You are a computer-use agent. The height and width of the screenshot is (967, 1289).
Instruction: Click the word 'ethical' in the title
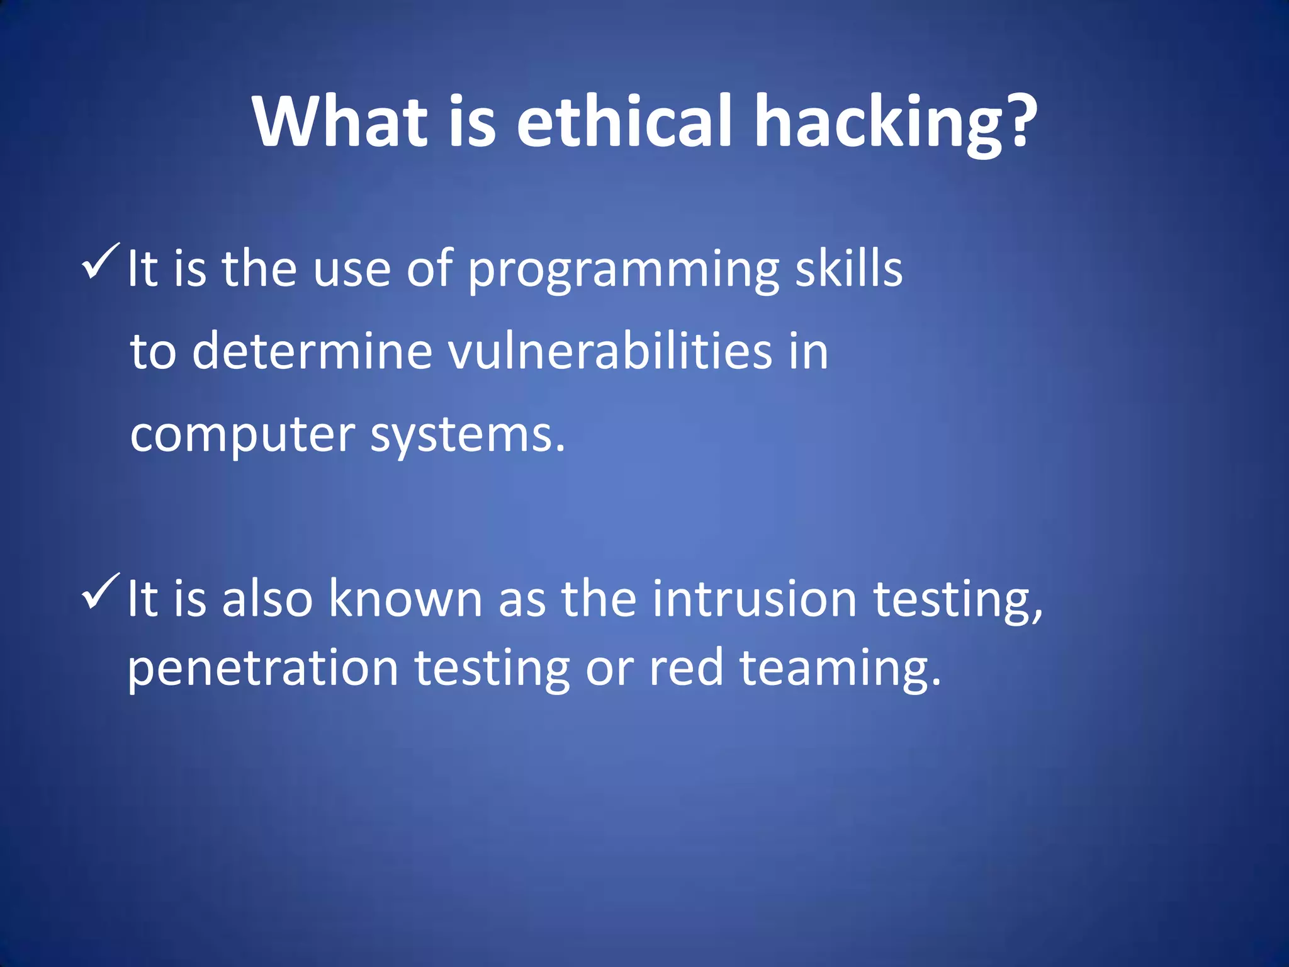[624, 121]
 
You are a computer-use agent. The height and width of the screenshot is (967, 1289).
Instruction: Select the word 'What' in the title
[341, 121]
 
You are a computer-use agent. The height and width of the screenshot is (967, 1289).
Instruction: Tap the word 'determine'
[312, 351]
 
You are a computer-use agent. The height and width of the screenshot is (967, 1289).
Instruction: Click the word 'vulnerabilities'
[609, 351]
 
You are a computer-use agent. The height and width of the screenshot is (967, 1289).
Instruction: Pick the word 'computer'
[242, 436]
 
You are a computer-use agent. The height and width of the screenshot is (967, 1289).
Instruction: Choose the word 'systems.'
[468, 436]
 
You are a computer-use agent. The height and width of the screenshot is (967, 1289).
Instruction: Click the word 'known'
[405, 599]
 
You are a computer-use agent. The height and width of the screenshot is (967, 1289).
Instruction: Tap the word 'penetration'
[263, 669]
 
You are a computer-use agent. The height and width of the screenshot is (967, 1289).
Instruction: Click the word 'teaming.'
[840, 669]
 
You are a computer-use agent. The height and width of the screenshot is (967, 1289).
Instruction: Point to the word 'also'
[267, 599]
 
